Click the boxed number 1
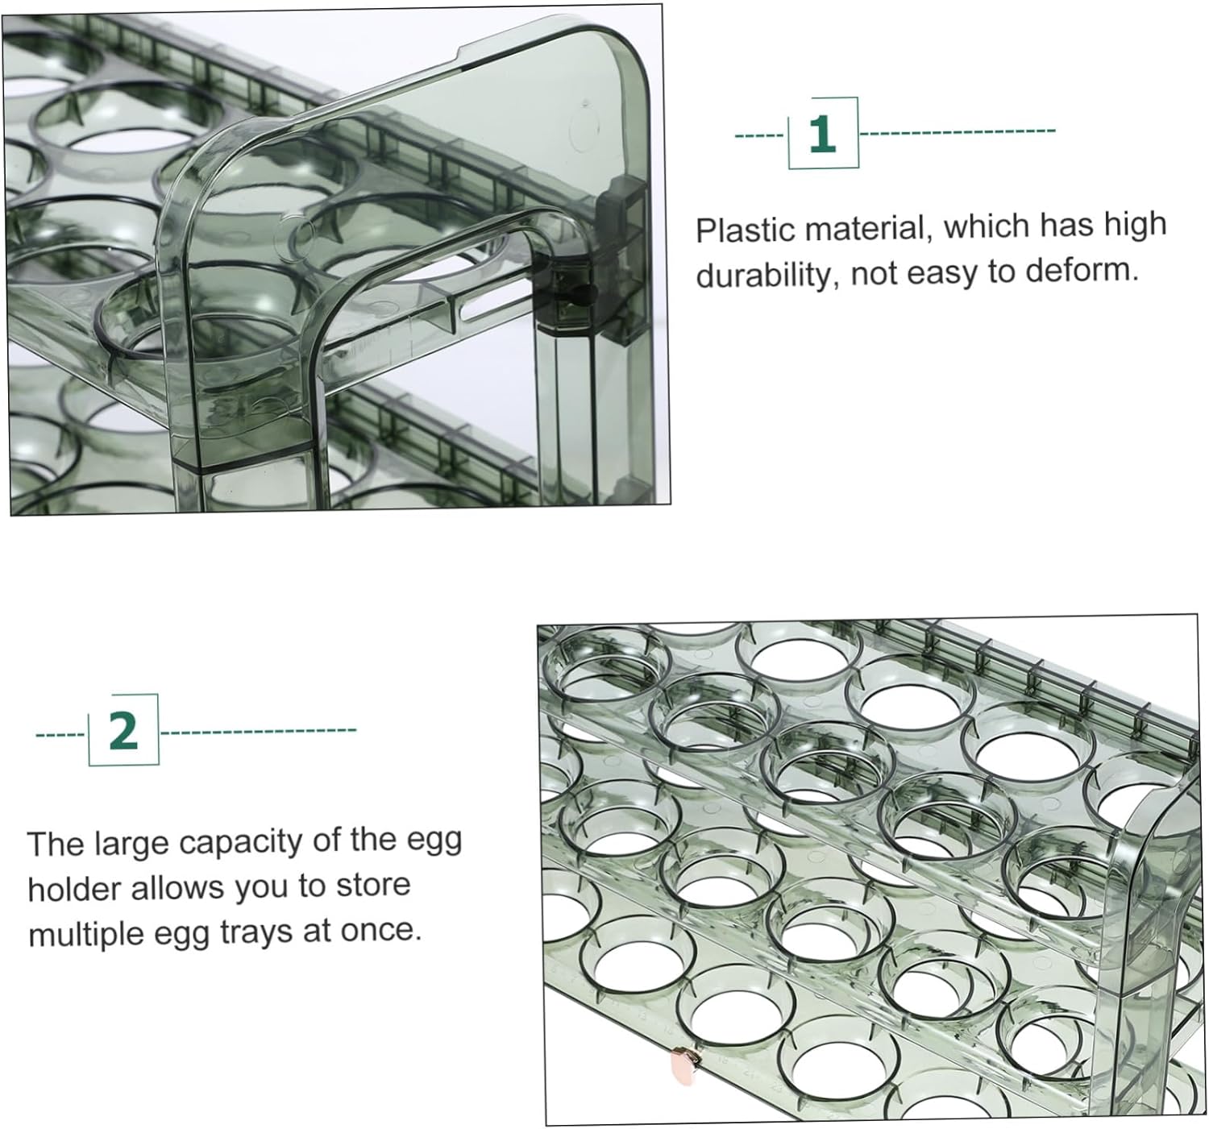point(822,133)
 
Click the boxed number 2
point(123,730)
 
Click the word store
point(373,886)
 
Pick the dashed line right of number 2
point(258,731)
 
